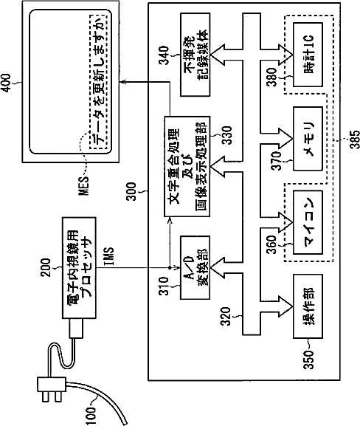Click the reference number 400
[x=6, y=83]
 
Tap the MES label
[x=83, y=185]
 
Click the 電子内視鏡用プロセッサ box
[x=79, y=267]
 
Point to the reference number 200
[x=46, y=267]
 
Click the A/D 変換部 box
[x=195, y=267]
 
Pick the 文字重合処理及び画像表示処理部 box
[x=187, y=166]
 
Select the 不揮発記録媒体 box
[x=195, y=55]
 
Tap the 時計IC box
[x=308, y=55]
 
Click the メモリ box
[x=308, y=139]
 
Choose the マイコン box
[x=308, y=222]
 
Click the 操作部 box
[x=308, y=306]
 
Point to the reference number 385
[x=354, y=140]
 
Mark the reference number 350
[x=308, y=360]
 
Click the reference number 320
[x=225, y=316]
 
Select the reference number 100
[x=91, y=416]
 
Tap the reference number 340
[x=164, y=55]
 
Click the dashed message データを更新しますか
[x=98, y=81]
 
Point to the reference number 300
[x=131, y=191]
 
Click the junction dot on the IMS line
[x=170, y=267]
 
